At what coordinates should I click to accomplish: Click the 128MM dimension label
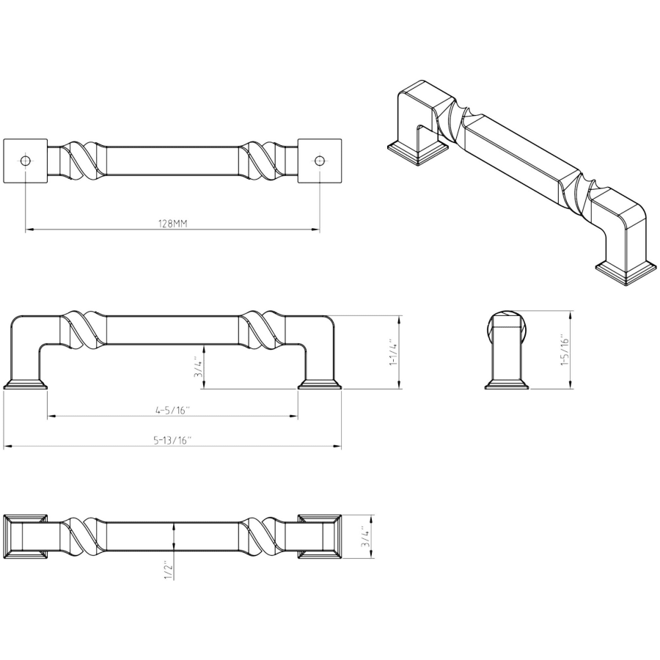tap(172, 224)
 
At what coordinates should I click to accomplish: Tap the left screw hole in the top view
tap(25, 161)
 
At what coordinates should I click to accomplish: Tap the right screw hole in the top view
tap(320, 161)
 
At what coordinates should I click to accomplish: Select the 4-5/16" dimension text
tap(173, 411)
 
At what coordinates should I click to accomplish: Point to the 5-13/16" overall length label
tap(172, 441)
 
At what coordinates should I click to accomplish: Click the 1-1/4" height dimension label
tap(393, 352)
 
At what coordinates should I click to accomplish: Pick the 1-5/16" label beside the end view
tap(565, 351)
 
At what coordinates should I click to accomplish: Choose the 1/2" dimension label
tap(168, 570)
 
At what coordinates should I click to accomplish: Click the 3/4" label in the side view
tap(198, 368)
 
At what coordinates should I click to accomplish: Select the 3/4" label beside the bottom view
tap(365, 537)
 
